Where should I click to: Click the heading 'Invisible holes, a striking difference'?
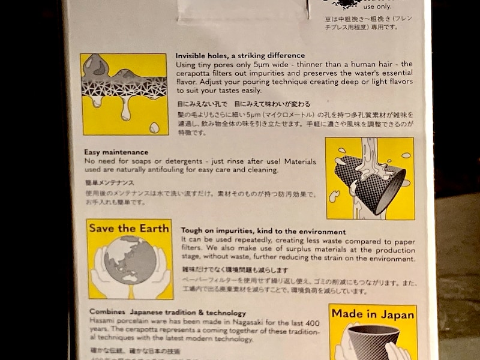click(x=240, y=55)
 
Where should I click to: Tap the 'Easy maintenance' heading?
click(x=116, y=152)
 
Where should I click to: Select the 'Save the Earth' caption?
click(x=130, y=228)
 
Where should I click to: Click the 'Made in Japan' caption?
click(x=373, y=314)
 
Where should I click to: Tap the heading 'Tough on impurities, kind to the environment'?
click(x=263, y=231)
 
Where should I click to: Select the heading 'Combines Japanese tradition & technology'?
click(x=167, y=313)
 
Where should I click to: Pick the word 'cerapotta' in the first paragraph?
click(x=193, y=73)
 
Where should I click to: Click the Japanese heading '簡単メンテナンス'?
click(x=109, y=182)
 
